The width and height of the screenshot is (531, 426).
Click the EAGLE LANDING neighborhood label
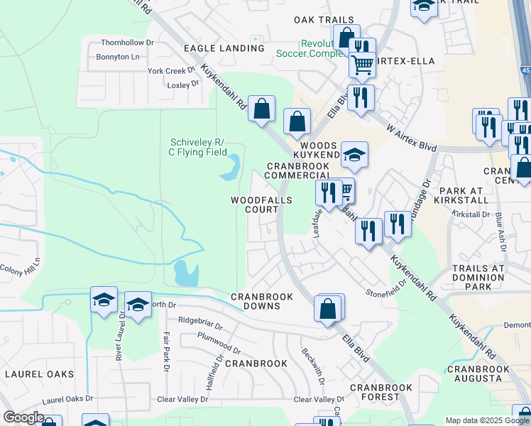click(x=224, y=48)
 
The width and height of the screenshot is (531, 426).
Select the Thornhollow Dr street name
click(x=127, y=43)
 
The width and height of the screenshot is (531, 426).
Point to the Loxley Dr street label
click(x=183, y=84)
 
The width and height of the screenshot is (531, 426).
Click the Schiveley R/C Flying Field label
click(x=198, y=146)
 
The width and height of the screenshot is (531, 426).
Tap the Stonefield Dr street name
click(x=385, y=287)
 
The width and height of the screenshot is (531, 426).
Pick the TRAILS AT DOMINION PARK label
click(x=477, y=278)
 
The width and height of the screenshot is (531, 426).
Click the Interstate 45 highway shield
click(x=525, y=69)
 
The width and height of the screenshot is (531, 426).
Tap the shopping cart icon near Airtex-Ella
click(x=362, y=65)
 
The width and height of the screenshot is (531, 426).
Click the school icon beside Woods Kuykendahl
click(x=354, y=154)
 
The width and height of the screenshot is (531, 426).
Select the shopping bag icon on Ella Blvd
click(x=328, y=309)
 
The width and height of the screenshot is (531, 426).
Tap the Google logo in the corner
click(x=24, y=417)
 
